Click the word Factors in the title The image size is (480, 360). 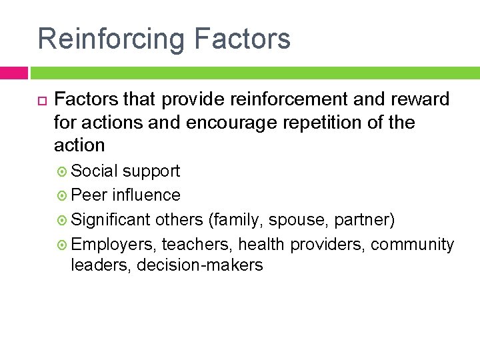point(242,39)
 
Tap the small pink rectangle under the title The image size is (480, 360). point(13,72)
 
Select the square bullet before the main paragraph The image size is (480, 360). point(39,100)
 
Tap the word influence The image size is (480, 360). point(146,195)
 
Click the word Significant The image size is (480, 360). point(111,219)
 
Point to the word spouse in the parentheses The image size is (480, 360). point(295,220)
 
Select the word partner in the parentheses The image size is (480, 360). point(364,220)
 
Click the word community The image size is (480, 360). point(412,245)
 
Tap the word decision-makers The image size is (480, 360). point(199,265)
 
